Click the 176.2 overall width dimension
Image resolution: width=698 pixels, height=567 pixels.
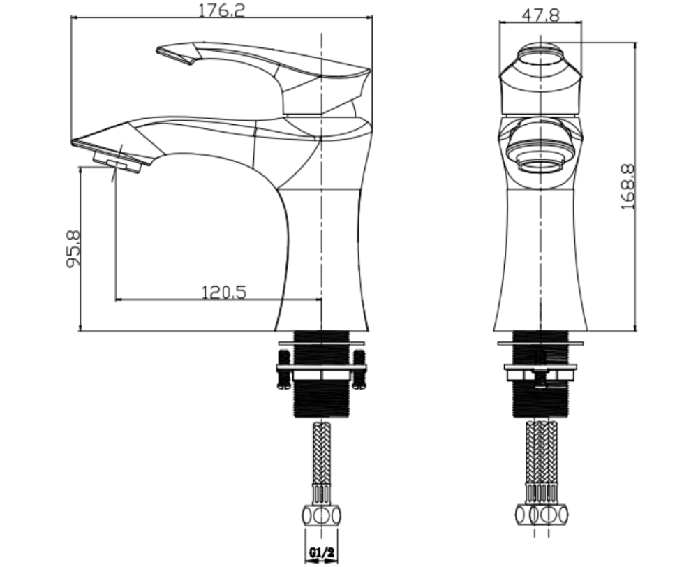pos(222,10)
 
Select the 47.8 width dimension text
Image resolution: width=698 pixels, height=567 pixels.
pos(540,15)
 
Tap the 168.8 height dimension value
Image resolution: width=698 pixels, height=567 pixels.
pos(628,187)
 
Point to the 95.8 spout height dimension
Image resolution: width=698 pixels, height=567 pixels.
pos(73,249)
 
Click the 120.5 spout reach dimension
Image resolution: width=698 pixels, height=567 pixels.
pos(224,293)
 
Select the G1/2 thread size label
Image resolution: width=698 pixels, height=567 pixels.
pos(321,553)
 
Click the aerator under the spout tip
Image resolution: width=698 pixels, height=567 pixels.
pos(117,162)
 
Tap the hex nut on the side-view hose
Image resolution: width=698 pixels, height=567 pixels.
pos(321,516)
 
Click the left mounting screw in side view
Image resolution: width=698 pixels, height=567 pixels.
pos(283,369)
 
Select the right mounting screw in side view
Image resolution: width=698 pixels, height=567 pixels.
pos(359,369)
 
